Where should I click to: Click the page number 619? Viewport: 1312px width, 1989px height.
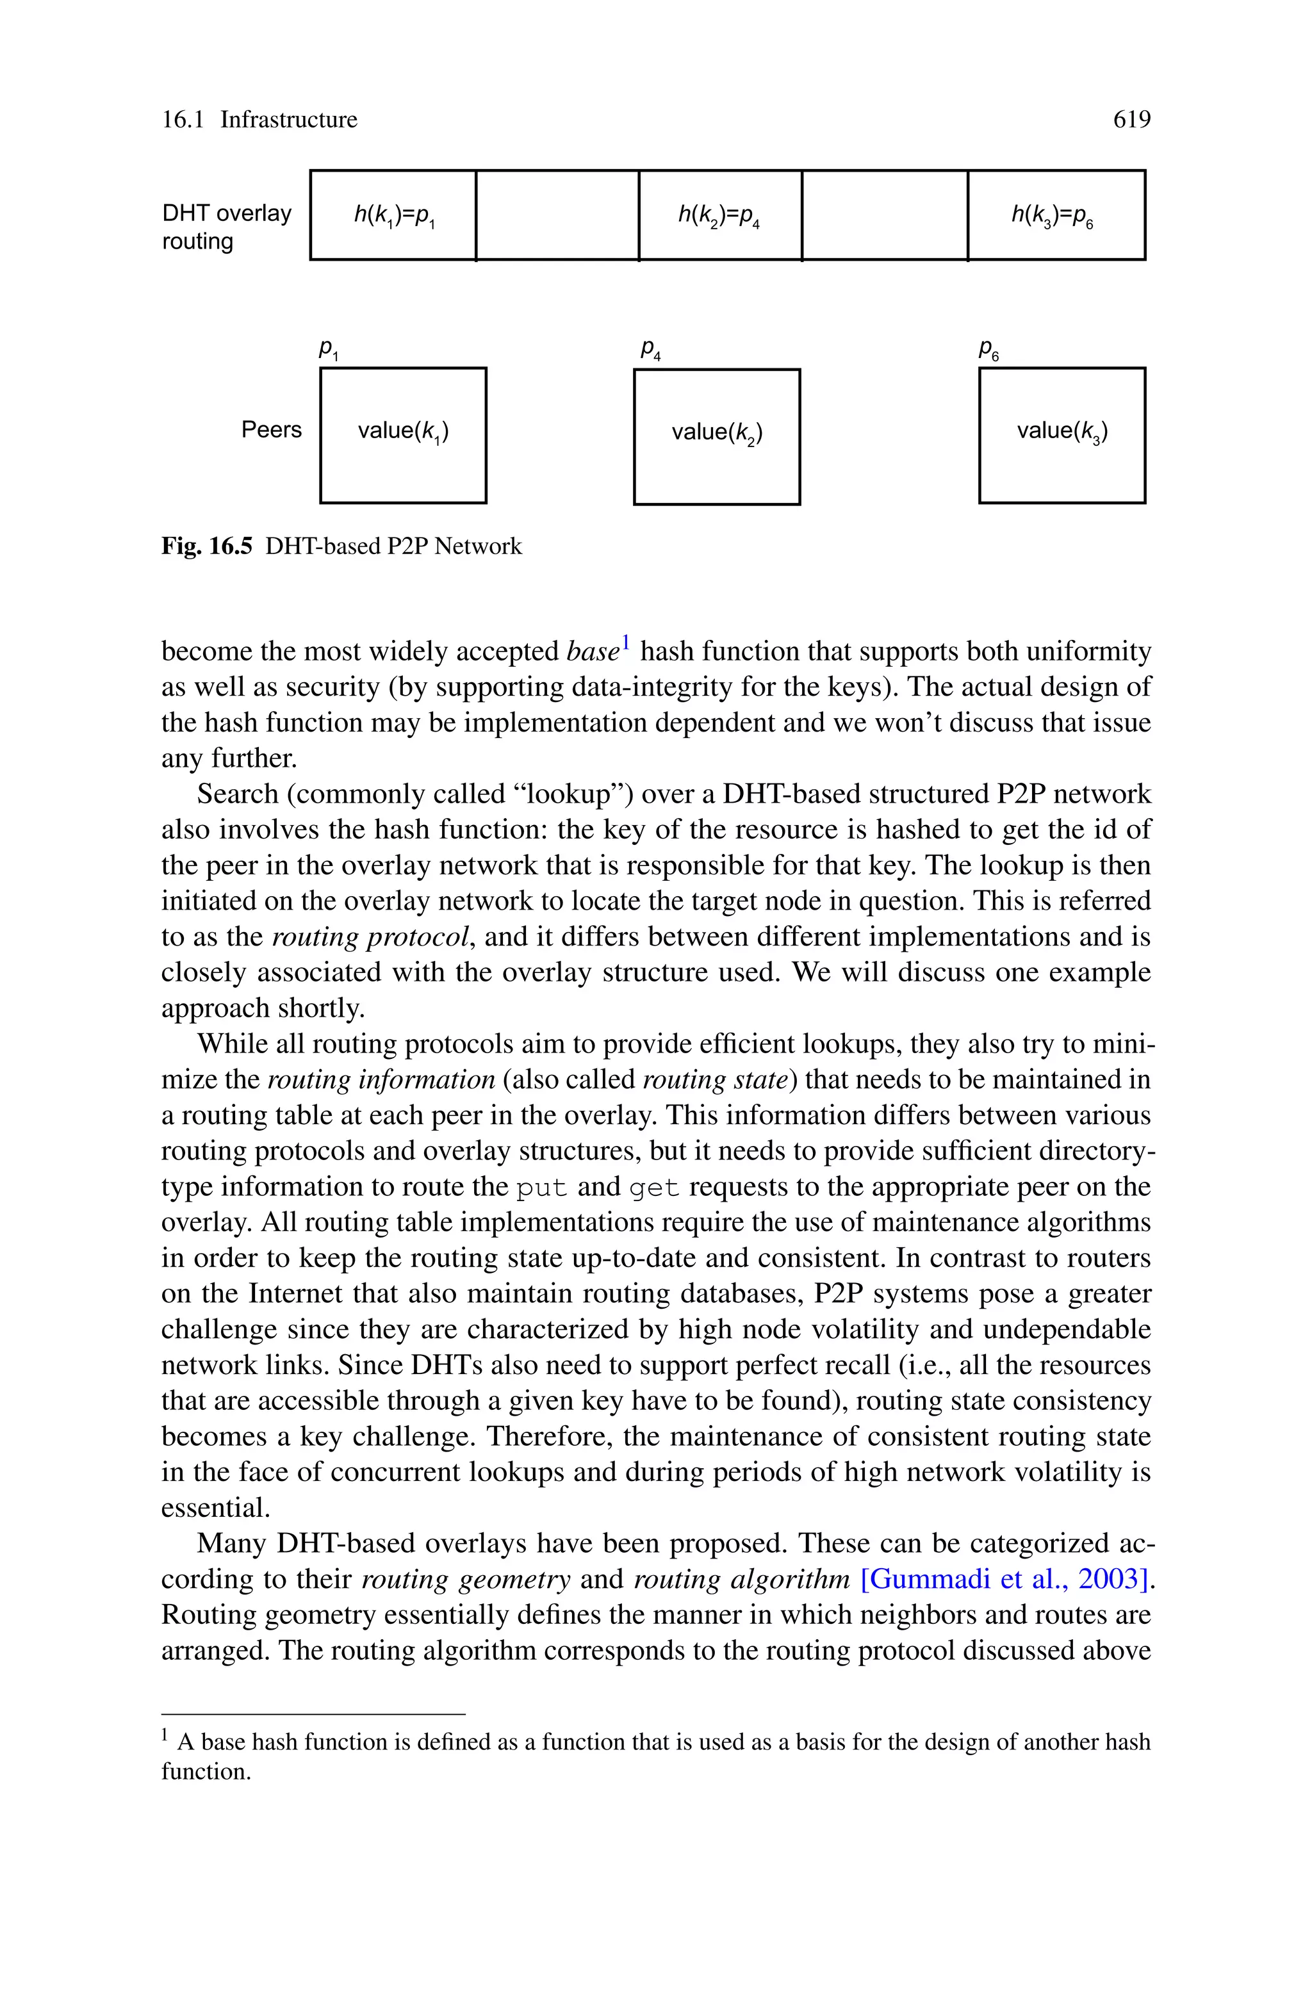point(1131,120)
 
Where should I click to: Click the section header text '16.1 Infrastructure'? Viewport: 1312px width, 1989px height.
point(259,120)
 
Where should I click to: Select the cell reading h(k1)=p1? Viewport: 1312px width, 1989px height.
point(393,216)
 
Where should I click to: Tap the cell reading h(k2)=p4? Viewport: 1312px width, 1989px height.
point(719,216)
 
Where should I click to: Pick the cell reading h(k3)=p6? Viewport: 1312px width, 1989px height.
point(1053,216)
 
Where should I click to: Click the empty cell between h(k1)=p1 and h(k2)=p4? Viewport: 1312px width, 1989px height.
point(557,216)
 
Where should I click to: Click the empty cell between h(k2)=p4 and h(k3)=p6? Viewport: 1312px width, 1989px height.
point(885,216)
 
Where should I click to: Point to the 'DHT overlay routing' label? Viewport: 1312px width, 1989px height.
point(226,227)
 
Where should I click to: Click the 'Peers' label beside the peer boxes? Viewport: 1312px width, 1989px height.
point(271,429)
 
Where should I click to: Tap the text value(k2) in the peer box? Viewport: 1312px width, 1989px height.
point(717,432)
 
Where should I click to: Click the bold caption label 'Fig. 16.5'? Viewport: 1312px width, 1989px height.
point(207,546)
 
